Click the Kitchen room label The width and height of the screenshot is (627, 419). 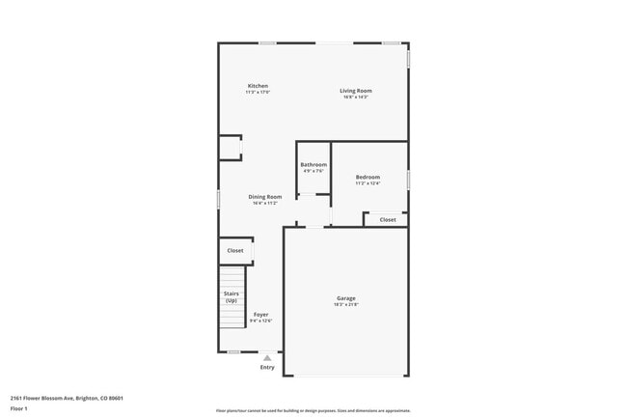point(258,86)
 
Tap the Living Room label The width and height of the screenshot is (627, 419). point(355,91)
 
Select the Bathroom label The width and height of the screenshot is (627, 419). point(313,165)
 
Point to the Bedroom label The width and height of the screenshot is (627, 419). point(368,177)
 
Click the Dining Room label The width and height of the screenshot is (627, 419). point(265,197)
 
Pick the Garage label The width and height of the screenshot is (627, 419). point(346,298)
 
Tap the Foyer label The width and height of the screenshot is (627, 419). point(261,315)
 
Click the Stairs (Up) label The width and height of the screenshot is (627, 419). point(232,296)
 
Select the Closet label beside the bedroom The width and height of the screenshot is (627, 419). point(387,220)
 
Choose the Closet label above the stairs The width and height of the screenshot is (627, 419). point(235,251)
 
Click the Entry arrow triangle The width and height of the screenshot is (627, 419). point(267,358)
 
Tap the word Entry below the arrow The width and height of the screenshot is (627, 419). point(267,368)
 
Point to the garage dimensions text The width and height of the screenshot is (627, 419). point(346,305)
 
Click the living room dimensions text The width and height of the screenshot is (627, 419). point(355,98)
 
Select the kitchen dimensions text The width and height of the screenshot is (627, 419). point(258,93)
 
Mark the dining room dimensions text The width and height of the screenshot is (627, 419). point(265,204)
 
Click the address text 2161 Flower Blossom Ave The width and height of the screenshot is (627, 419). point(67,398)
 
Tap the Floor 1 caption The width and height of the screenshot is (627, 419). point(19,409)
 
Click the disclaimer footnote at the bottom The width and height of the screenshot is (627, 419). point(313,410)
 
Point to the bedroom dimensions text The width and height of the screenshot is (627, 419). point(368,183)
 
